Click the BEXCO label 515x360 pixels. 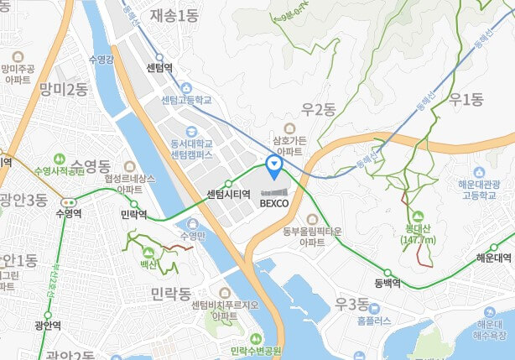(x=274, y=203)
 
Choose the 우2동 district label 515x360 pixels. (x=319, y=108)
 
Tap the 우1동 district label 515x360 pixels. (x=466, y=100)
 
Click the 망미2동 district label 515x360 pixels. (x=64, y=89)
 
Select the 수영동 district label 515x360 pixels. (x=91, y=164)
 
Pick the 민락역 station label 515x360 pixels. (x=134, y=215)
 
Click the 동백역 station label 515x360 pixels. (x=388, y=284)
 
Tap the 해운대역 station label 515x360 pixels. (x=494, y=258)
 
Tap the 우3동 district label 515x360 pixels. (x=351, y=303)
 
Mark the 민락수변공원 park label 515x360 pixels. (x=256, y=351)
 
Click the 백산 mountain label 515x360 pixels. (x=148, y=265)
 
